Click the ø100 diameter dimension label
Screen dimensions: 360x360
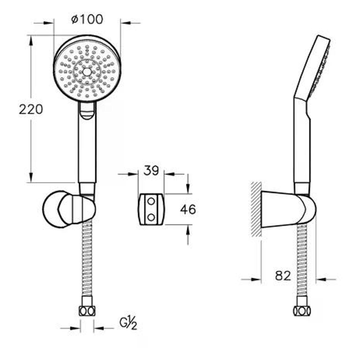[87, 19]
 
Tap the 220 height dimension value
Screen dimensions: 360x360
[31, 109]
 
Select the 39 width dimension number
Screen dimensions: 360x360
[151, 171]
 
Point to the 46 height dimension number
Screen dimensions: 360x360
[188, 209]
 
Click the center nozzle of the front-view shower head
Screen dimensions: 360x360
[86, 72]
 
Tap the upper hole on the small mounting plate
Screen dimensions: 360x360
[151, 201]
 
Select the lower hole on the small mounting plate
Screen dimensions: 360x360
[151, 218]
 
